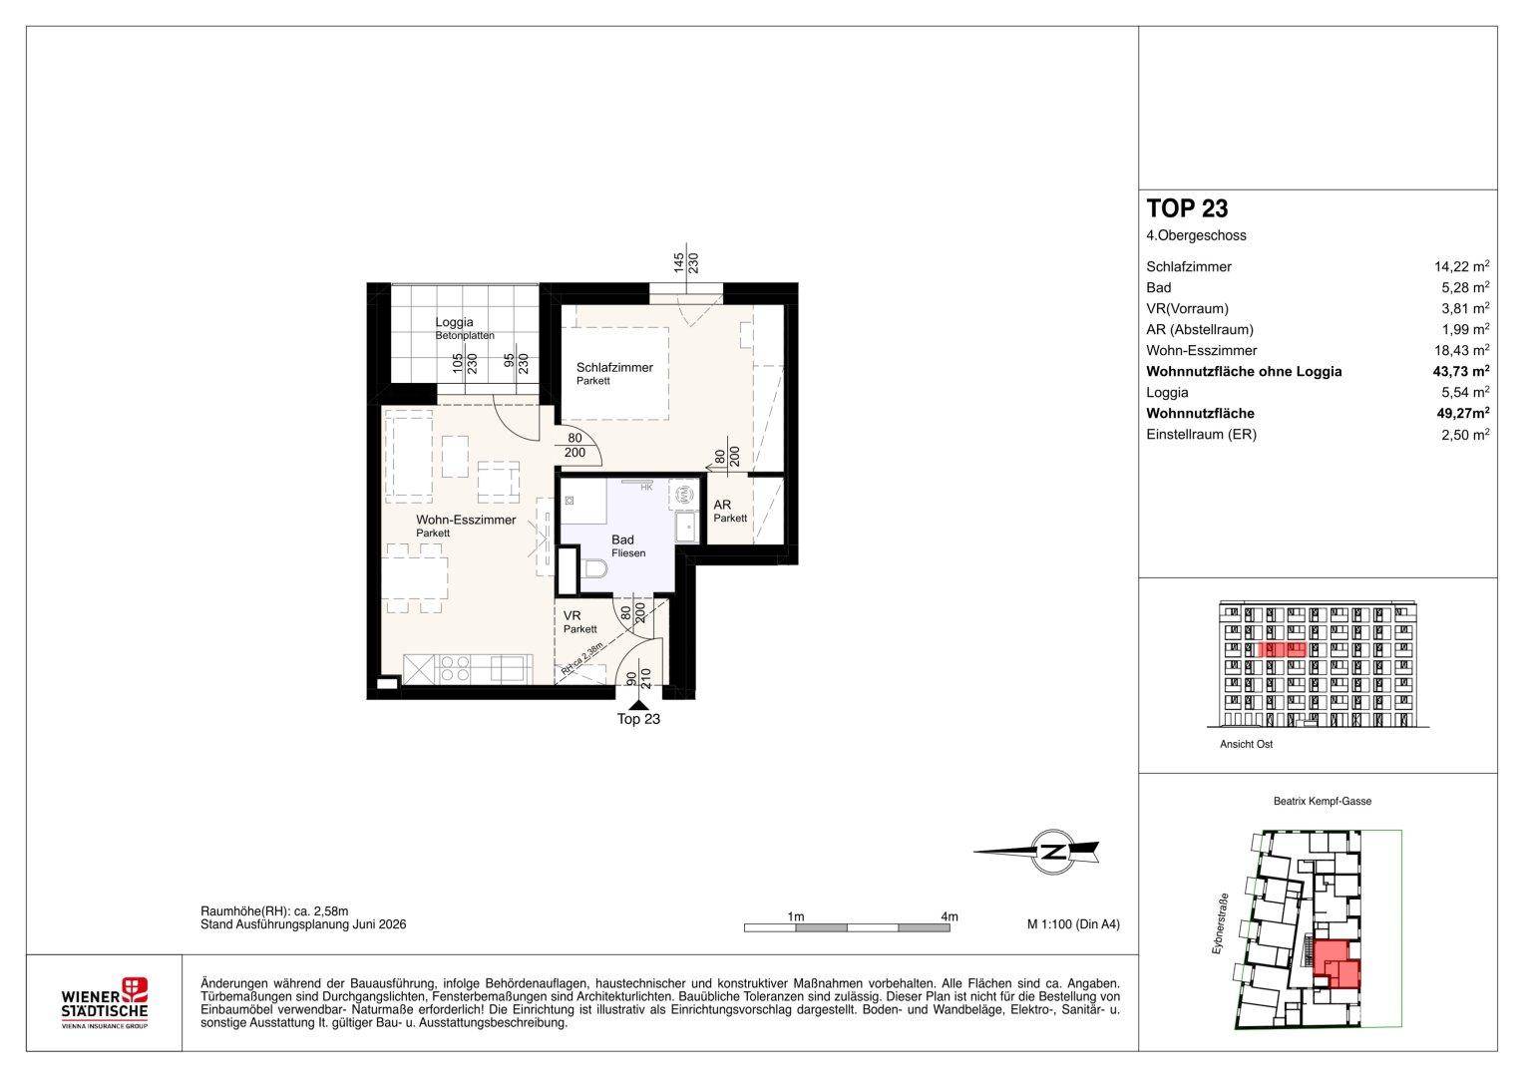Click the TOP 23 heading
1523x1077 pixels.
coord(1187,208)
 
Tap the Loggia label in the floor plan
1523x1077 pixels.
coord(454,321)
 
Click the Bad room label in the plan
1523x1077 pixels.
coord(622,539)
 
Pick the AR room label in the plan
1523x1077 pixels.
coord(722,505)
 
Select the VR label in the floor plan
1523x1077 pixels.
coord(571,615)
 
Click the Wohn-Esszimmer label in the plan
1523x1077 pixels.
coord(466,520)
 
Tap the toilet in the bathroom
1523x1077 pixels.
coord(594,568)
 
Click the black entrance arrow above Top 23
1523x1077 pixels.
coord(637,705)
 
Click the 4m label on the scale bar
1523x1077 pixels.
coord(950,916)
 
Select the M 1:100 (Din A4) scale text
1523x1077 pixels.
coord(1073,924)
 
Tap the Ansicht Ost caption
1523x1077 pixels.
coord(1247,744)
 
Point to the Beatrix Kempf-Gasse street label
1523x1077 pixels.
coord(1323,801)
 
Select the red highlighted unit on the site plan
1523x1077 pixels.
coord(1336,964)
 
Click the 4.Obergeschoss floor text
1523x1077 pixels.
coord(1196,235)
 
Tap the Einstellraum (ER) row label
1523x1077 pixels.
coord(1202,434)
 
